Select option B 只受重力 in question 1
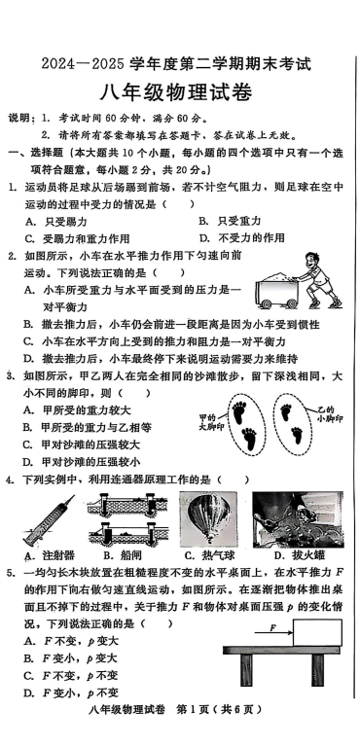tap(230, 221)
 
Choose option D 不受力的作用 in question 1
tap(241, 237)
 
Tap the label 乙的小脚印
tap(330, 414)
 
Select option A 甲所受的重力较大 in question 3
tap(77, 410)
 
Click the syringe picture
tap(49, 519)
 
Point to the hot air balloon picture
tap(207, 519)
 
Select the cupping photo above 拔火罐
tap(298, 519)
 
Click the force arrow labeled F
tap(273, 632)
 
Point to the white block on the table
tap(317, 633)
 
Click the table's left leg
tap(246, 669)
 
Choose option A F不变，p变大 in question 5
tap(71, 641)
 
